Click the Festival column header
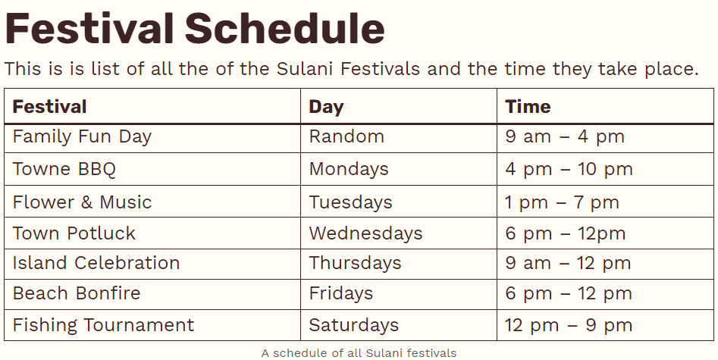(50, 107)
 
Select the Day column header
(326, 107)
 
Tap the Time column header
(528, 107)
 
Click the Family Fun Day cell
(82, 137)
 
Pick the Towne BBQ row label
(64, 169)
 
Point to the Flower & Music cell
(82, 203)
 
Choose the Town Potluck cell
(74, 233)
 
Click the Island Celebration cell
(96, 264)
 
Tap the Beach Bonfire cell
(77, 294)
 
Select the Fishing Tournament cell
(103, 326)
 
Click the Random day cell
(346, 137)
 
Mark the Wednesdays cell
(365, 233)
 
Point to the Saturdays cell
(353, 326)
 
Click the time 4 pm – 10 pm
(569, 169)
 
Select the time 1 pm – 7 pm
(562, 203)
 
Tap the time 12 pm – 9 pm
(569, 326)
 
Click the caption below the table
(359, 353)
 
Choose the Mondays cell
(349, 169)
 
